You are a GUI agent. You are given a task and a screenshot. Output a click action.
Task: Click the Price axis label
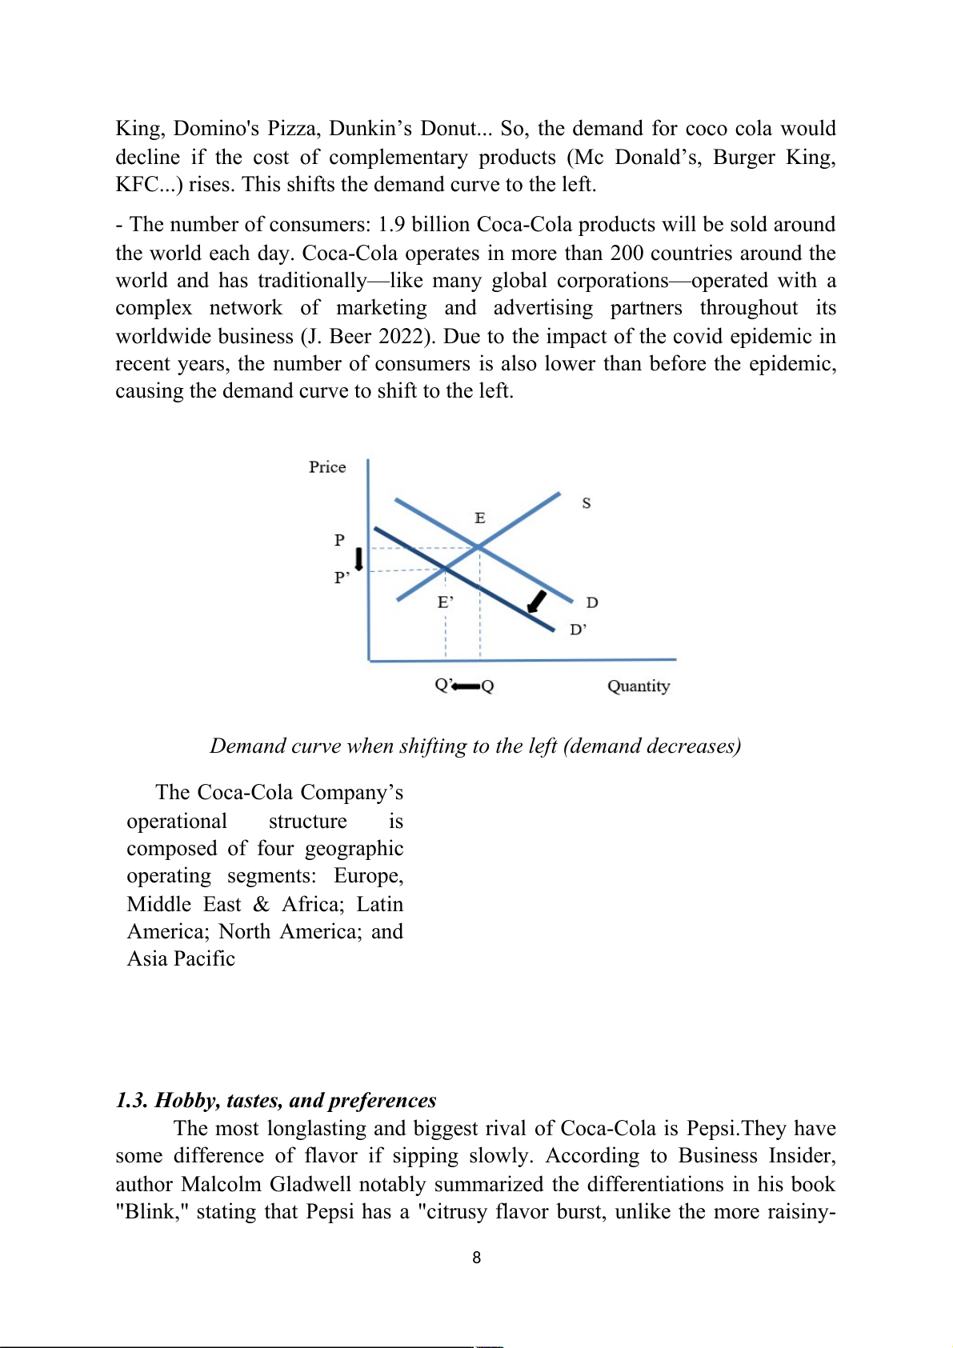(x=327, y=467)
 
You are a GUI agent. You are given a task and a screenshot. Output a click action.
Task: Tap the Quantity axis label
(x=638, y=686)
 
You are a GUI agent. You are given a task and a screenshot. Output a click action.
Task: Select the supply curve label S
(x=587, y=503)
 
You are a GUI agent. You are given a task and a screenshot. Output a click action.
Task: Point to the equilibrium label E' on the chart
(x=446, y=602)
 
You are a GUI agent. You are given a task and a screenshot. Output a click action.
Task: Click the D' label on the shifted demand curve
(x=578, y=630)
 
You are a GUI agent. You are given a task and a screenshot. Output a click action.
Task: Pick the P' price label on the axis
(x=342, y=578)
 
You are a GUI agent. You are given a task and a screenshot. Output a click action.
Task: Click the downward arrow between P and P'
(x=359, y=558)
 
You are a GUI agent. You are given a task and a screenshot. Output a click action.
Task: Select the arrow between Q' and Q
(x=466, y=686)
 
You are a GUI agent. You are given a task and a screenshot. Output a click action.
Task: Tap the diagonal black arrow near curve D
(x=537, y=602)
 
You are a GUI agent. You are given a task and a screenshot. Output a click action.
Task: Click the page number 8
(x=477, y=1258)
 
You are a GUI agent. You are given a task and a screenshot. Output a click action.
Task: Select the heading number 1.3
(x=132, y=1101)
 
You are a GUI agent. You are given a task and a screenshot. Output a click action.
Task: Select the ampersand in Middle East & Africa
(x=261, y=905)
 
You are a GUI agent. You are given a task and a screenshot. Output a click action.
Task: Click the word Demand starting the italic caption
(x=247, y=746)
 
